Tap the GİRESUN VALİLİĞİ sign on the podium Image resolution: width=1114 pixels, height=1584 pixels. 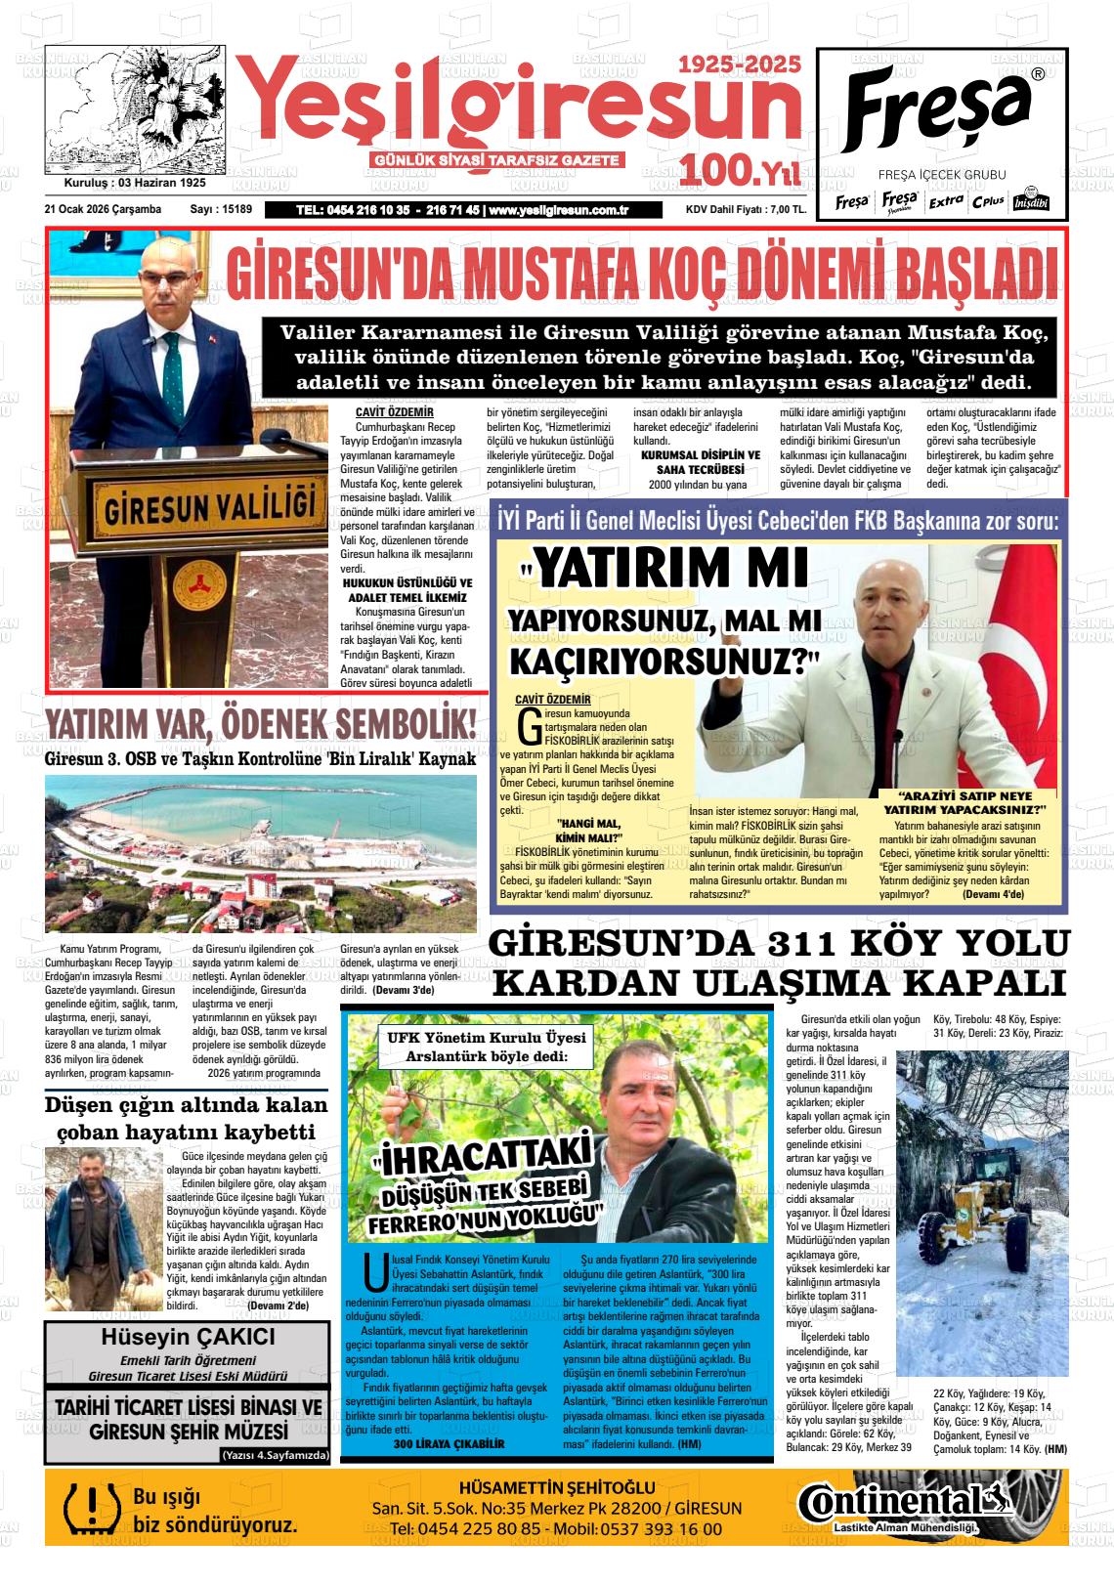pos(209,509)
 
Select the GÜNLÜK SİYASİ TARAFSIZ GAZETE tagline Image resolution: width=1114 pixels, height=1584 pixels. pos(496,159)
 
